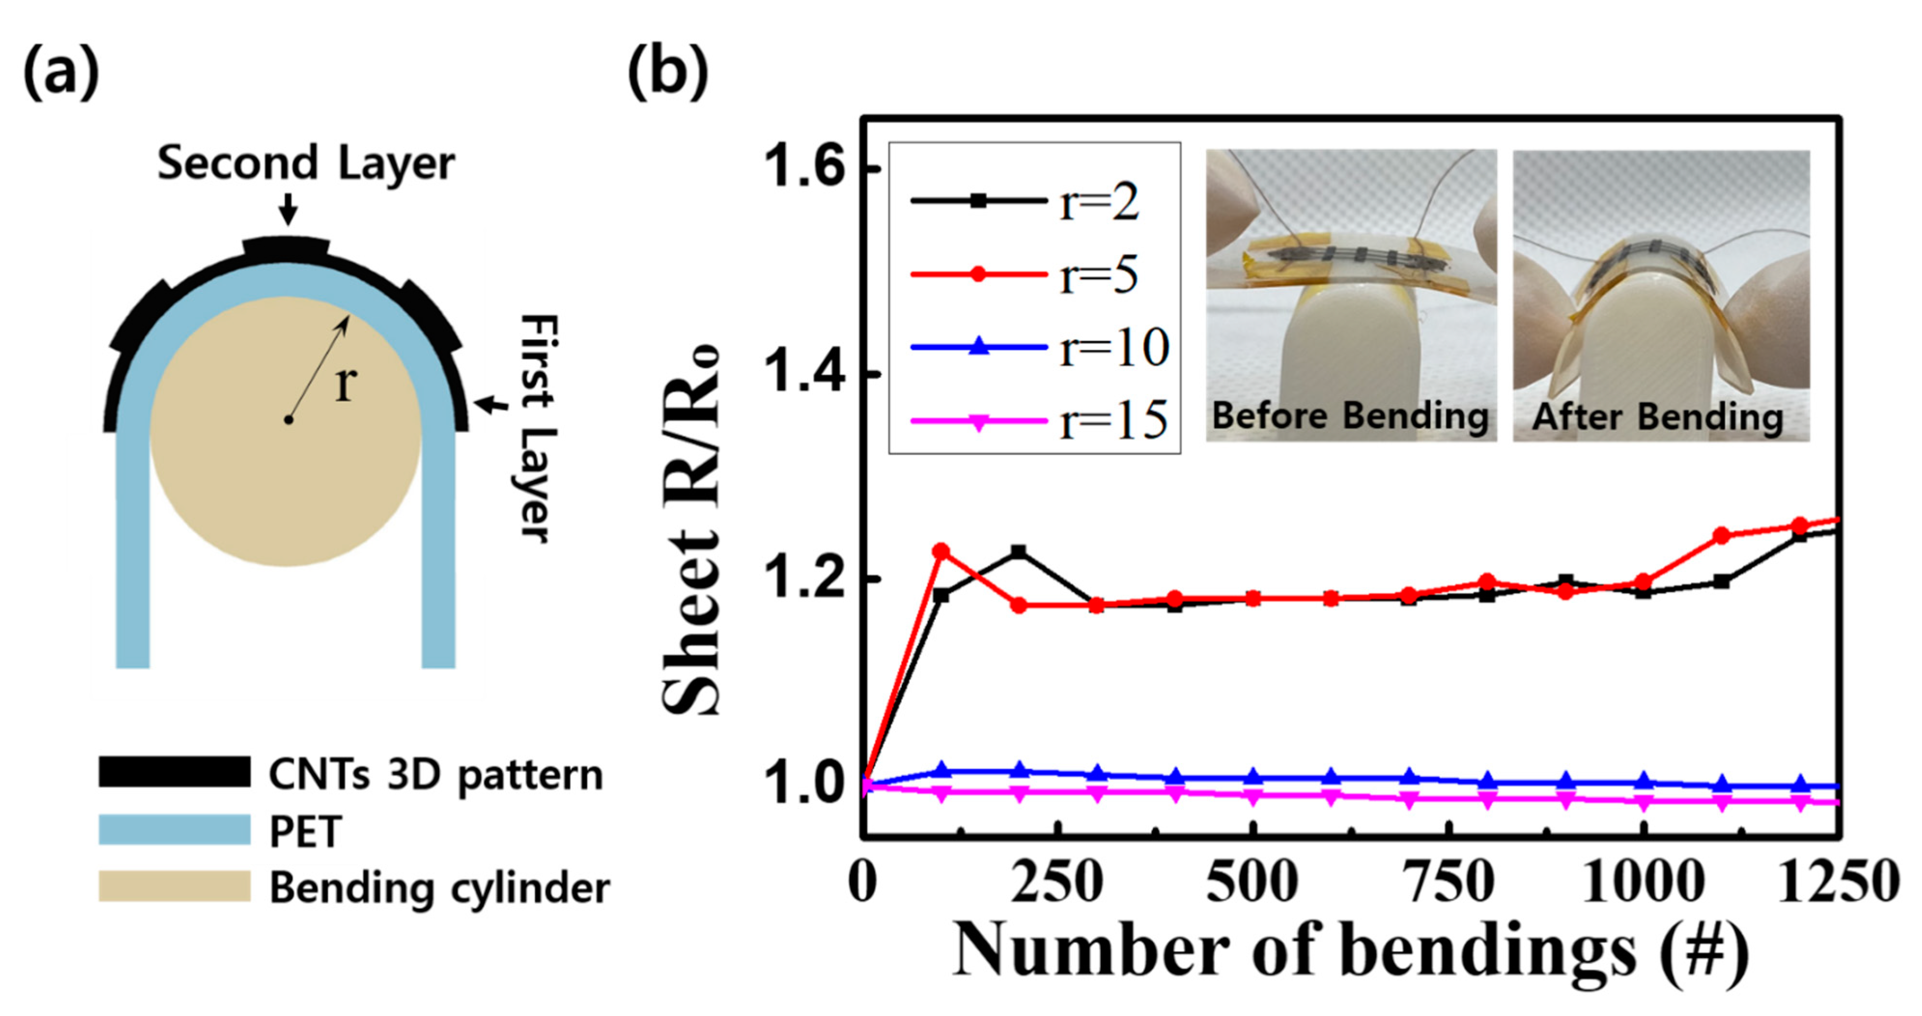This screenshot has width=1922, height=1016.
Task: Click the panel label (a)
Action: (x=61, y=73)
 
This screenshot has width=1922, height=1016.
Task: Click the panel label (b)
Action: (x=668, y=73)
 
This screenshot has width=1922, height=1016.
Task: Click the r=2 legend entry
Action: (x=1030, y=201)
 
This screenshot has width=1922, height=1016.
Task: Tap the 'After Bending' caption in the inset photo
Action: (x=1658, y=416)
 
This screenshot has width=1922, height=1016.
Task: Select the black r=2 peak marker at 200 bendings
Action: (x=1018, y=552)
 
